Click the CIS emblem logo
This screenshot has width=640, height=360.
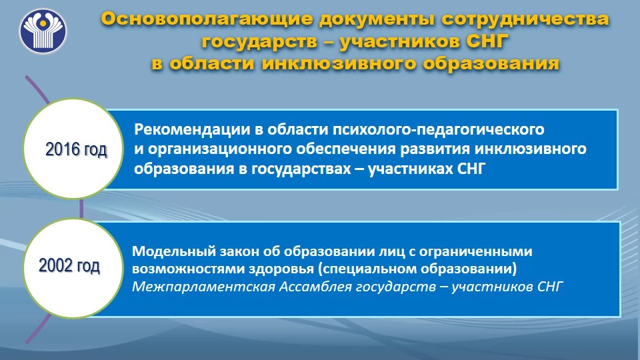(43, 31)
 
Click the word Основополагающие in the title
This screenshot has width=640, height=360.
(207, 19)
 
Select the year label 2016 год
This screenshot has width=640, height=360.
(76, 149)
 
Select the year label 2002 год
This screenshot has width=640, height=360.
(69, 266)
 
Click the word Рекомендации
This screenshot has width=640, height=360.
(192, 129)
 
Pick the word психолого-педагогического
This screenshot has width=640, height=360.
(439, 129)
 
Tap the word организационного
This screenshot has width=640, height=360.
(220, 149)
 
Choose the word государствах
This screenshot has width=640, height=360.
(301, 169)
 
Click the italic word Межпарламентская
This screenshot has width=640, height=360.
(204, 287)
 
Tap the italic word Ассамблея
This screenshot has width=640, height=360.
(316, 287)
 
